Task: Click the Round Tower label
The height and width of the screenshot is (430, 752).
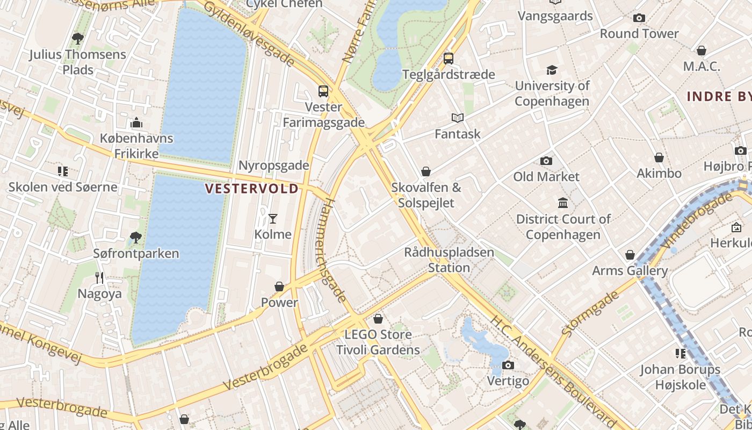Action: point(639,33)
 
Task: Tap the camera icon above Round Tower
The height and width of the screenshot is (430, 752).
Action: point(639,18)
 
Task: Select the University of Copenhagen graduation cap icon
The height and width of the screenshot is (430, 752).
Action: point(552,70)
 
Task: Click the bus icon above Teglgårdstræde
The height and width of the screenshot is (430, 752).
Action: point(449,59)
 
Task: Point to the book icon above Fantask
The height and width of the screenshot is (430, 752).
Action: point(458,118)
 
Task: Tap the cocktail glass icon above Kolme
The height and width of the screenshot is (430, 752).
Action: point(273,218)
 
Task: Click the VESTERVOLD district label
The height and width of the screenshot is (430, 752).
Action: point(252,189)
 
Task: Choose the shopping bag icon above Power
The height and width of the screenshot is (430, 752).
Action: point(279,286)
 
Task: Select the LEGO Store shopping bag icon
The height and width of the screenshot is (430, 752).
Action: point(378,319)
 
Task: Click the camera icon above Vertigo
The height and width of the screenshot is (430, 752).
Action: point(508,365)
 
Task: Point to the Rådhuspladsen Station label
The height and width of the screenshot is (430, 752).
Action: point(449,260)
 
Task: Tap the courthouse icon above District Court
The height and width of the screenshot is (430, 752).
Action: point(563,203)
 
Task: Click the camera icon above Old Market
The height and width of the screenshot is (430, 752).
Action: point(546,161)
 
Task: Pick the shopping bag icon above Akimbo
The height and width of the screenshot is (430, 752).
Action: point(659,157)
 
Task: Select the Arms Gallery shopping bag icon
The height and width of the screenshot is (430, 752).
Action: point(630,255)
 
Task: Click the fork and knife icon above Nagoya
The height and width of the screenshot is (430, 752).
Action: point(99,277)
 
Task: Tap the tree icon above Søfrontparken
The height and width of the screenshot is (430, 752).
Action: point(136,237)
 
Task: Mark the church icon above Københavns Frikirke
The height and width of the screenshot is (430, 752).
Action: point(136,123)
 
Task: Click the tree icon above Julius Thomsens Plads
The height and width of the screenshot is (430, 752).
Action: point(78,38)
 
